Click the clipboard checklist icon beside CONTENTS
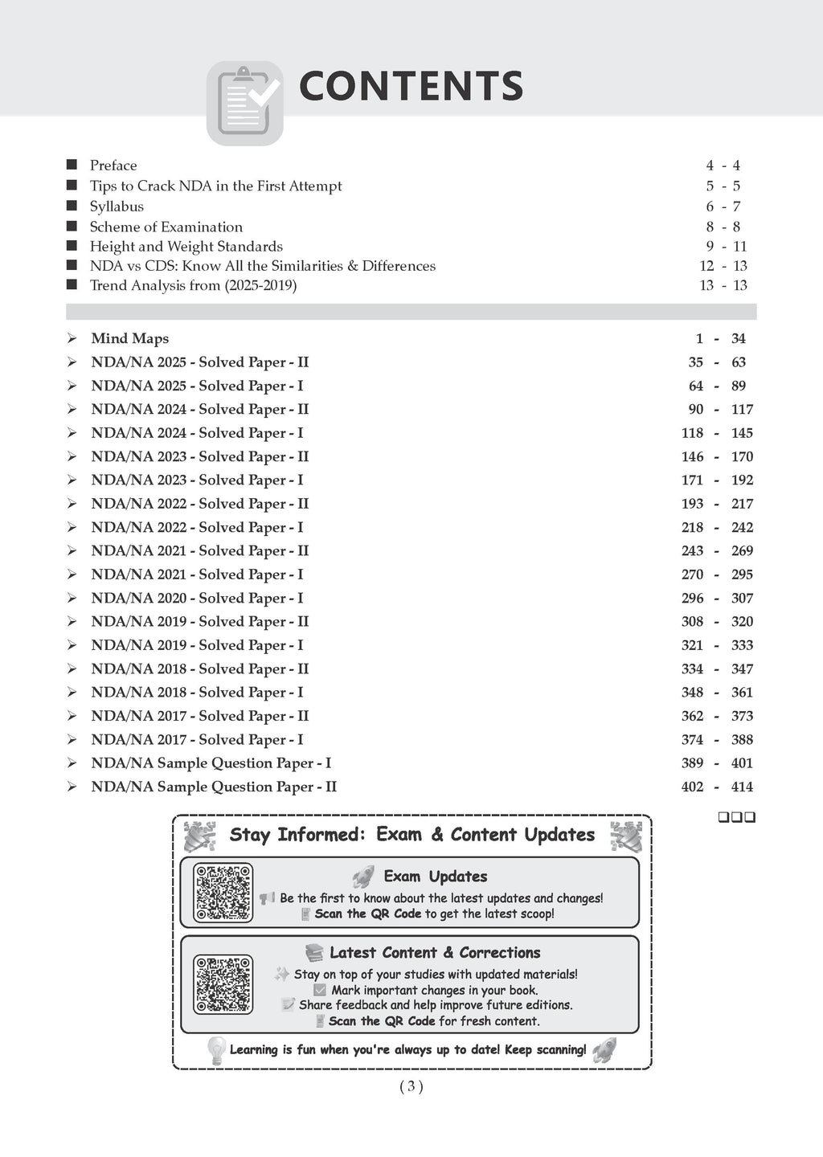click(x=245, y=103)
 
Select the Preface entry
click(x=113, y=166)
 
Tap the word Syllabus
click(x=117, y=206)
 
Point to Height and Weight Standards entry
click(x=186, y=247)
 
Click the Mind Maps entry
click(x=130, y=339)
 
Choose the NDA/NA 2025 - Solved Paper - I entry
click(x=197, y=386)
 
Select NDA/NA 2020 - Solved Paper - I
click(x=197, y=598)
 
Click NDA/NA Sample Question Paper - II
click(x=214, y=787)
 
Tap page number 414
click(x=742, y=787)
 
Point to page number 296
click(x=692, y=598)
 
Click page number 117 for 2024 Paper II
click(x=742, y=409)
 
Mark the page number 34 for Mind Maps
click(x=739, y=339)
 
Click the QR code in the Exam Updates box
click(x=223, y=893)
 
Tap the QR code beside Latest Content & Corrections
click(x=223, y=984)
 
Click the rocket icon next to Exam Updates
click(x=363, y=877)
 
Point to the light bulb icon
click(x=215, y=1050)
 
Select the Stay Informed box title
click(x=412, y=835)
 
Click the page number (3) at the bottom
click(x=411, y=1087)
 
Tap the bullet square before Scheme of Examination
click(x=72, y=227)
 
